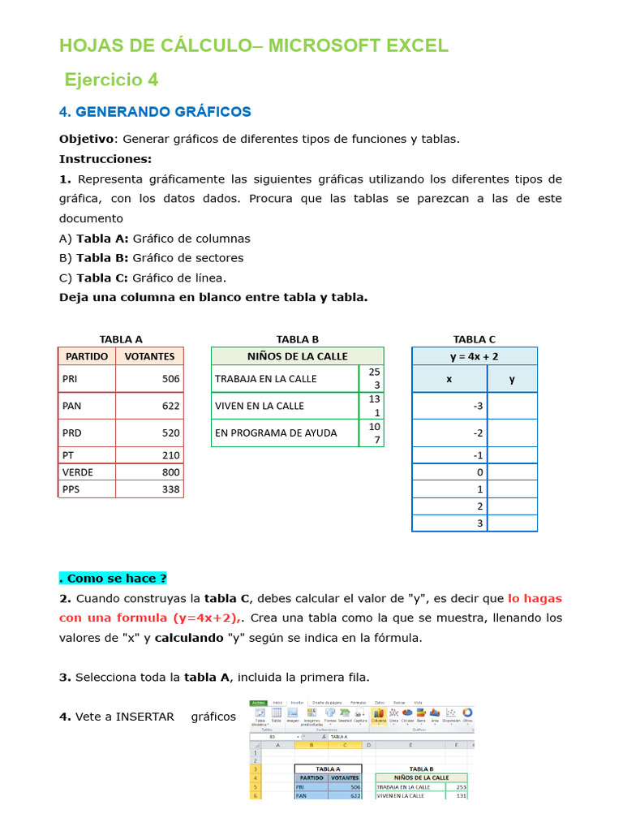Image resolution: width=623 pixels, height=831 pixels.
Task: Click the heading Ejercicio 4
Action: (112, 80)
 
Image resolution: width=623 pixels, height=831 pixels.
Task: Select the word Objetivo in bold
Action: (88, 139)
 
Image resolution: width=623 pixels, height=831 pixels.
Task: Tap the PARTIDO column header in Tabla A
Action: (87, 355)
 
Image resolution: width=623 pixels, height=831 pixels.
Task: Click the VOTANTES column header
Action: (149, 355)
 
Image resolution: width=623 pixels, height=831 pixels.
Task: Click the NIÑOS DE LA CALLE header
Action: (297, 355)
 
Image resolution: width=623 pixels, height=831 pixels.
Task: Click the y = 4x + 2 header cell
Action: (475, 355)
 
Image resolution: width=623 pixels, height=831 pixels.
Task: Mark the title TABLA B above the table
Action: (297, 339)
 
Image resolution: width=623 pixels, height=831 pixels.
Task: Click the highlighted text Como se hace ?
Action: (113, 579)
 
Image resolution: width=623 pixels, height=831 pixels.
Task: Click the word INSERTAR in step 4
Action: (145, 717)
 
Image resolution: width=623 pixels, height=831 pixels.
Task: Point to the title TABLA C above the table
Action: (475, 339)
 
